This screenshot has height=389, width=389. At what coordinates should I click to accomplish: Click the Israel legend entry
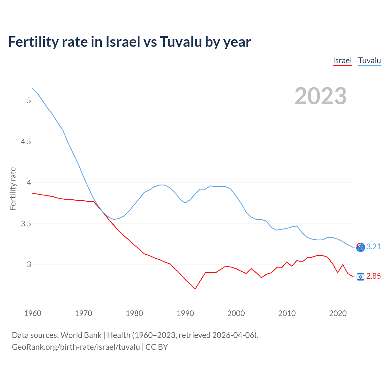tap(342, 60)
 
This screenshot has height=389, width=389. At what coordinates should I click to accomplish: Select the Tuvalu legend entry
tap(369, 60)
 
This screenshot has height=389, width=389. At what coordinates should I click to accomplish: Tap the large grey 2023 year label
tap(320, 96)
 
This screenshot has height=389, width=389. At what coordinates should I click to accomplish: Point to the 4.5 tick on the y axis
tap(26, 142)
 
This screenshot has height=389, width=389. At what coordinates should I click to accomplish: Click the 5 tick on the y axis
tap(29, 101)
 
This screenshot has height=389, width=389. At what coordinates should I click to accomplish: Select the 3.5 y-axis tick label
tap(26, 224)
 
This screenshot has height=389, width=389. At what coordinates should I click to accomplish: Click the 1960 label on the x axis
tap(33, 313)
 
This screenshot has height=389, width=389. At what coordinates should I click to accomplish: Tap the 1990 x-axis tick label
tap(185, 313)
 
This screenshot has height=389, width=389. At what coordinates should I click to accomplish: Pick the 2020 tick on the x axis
tap(338, 313)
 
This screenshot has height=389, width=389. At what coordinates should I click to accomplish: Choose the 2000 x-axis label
tap(236, 313)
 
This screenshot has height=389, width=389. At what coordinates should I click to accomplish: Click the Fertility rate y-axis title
tap(13, 188)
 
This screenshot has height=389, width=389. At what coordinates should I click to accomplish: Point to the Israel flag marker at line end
tap(360, 276)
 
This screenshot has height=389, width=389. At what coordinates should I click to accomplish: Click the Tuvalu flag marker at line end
tap(360, 247)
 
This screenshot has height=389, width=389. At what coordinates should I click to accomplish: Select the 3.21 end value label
tap(374, 246)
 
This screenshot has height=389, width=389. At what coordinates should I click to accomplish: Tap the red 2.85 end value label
tap(374, 276)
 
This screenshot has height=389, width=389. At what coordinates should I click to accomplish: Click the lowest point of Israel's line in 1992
tap(195, 289)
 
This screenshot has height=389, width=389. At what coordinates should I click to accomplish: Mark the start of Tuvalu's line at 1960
tap(33, 88)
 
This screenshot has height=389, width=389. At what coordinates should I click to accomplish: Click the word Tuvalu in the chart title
tap(181, 42)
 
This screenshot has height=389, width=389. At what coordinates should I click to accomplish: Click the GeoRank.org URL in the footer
tap(76, 347)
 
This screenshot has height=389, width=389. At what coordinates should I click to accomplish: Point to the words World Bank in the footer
tap(81, 335)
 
